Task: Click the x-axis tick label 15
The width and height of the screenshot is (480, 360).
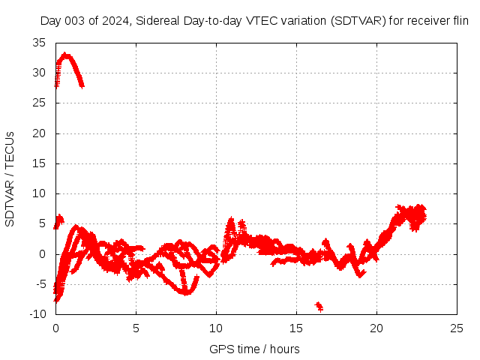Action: click(296, 328)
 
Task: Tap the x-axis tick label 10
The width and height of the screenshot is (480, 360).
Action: click(216, 328)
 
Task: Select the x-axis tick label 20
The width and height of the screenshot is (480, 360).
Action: click(376, 328)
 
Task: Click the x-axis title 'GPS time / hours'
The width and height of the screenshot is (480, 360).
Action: click(254, 349)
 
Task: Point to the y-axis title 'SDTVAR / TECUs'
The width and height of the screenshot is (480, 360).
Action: click(10, 178)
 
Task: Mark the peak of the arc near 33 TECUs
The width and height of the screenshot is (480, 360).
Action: click(66, 55)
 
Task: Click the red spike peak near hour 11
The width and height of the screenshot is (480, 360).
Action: click(231, 221)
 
